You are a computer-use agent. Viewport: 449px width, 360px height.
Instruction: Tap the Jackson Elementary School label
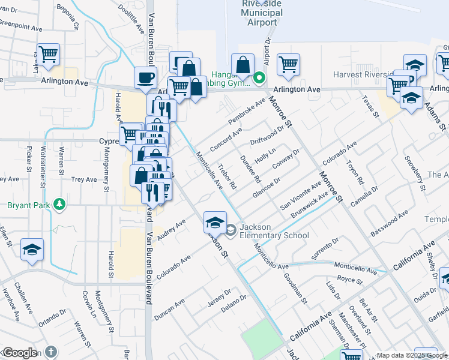point(274,231)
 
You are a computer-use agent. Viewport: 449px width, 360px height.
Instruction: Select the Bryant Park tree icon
point(59,205)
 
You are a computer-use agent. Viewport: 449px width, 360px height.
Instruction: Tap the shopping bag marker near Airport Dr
point(243,65)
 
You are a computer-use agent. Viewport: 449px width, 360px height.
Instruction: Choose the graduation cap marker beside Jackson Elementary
point(214,223)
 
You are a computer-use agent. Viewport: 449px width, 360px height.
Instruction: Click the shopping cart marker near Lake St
point(48,55)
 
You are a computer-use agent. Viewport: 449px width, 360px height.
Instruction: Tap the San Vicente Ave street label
point(297,191)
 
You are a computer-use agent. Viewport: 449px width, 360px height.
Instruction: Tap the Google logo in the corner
point(19,353)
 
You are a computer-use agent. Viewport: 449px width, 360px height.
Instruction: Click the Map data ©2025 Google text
point(411,355)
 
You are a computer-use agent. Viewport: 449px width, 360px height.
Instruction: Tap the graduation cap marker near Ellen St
point(32,250)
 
